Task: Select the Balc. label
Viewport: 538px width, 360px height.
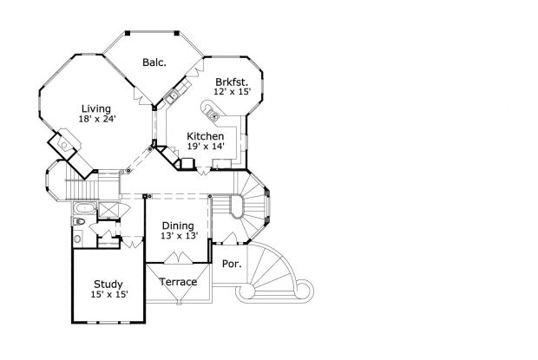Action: point(154,62)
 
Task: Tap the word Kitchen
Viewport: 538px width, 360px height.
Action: point(206,136)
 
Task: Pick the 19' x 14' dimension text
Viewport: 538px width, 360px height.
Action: point(206,147)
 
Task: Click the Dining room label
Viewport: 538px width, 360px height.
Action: point(178,225)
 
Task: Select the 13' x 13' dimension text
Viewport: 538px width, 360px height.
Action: point(178,236)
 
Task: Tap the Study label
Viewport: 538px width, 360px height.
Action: point(108,284)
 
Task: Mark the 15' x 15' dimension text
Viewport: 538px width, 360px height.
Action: point(108,295)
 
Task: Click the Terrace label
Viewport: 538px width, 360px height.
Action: point(177,282)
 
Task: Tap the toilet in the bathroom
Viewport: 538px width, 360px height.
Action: point(77,224)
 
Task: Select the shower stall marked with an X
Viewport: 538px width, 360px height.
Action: point(108,209)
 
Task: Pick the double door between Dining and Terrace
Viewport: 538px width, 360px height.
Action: point(177,258)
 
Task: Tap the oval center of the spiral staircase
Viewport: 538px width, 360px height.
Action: point(236,206)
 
